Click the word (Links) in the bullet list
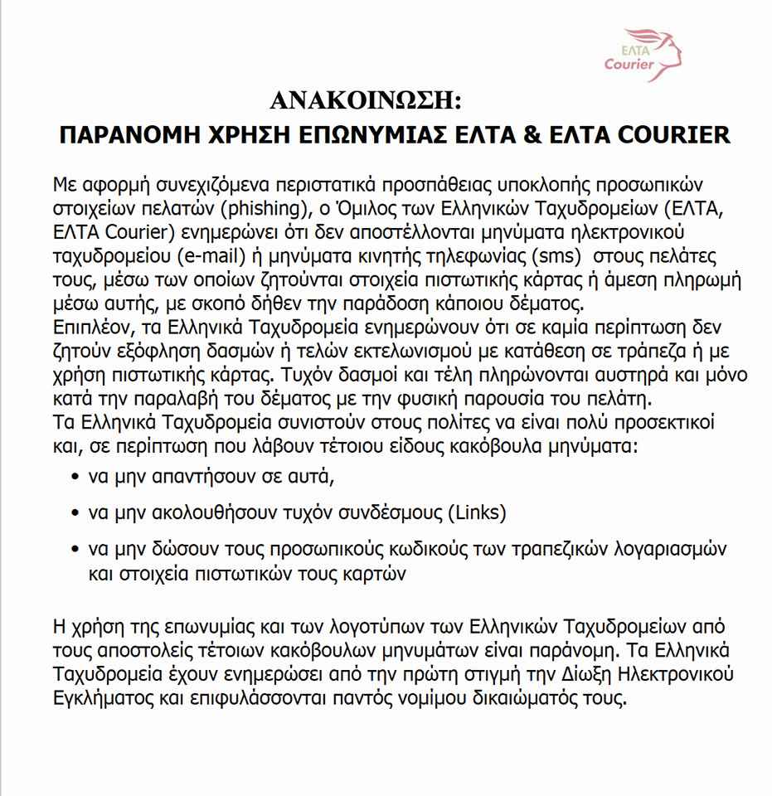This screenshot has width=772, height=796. pos(477,512)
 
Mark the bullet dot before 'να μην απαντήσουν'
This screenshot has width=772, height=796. pos(76,478)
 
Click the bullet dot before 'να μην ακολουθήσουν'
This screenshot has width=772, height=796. pos(76,513)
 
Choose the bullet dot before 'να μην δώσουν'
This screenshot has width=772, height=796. pos(76,550)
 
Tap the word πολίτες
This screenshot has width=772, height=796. pos(421,423)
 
